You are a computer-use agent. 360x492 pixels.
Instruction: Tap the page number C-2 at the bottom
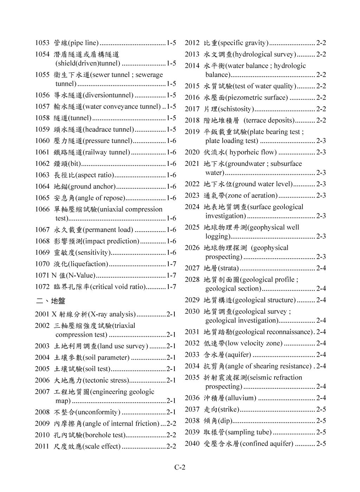pos(180,467)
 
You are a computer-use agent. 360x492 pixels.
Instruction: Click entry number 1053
pos(42,43)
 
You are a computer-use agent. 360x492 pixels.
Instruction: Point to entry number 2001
pos(42,314)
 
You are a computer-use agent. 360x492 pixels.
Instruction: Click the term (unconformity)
pos(97,412)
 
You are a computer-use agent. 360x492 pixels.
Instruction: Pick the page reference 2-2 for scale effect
pos(171,446)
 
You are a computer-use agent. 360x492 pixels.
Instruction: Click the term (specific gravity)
pos(243,43)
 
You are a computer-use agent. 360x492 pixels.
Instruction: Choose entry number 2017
pos(192,109)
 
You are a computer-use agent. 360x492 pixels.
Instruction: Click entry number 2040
pos(192,444)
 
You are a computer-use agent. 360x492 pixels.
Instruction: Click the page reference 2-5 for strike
pos(321,409)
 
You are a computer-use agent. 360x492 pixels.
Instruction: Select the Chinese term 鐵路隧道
pos(68,152)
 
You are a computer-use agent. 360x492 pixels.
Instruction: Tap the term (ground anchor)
pos(92,187)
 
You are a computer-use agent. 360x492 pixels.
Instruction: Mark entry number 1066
pos(42,209)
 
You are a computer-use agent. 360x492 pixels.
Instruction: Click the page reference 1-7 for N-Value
pos(171,275)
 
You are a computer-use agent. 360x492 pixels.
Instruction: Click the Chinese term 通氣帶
pos(214,195)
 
